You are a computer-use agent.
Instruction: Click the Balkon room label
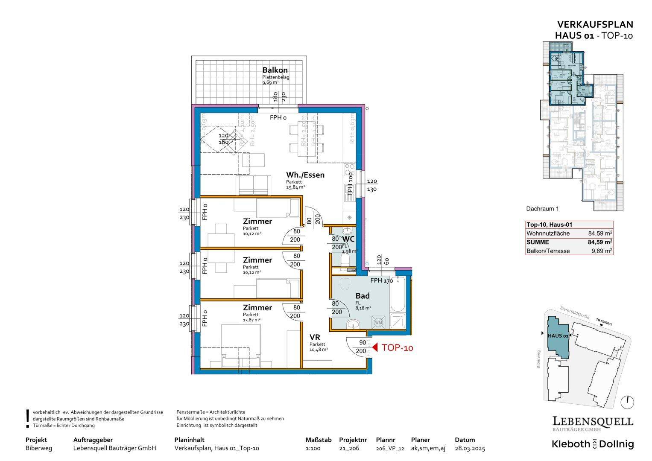click(x=275, y=70)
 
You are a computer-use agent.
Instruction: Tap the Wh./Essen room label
click(x=305, y=175)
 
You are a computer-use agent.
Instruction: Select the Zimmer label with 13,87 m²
click(x=257, y=307)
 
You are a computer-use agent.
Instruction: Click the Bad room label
click(x=363, y=296)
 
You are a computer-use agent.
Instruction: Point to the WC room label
click(x=348, y=239)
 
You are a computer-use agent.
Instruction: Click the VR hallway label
click(x=315, y=337)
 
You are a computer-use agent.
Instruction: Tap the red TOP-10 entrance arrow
click(x=375, y=347)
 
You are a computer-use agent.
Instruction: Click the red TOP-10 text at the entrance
click(x=397, y=348)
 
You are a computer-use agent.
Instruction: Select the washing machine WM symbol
click(x=378, y=323)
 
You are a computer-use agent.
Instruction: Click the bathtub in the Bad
click(x=398, y=295)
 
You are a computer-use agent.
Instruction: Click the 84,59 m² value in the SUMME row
click(x=600, y=242)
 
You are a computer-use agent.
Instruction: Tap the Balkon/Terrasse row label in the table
click(x=548, y=251)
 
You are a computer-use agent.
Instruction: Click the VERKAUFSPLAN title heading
click(x=595, y=25)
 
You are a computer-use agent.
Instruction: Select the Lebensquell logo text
click(x=593, y=421)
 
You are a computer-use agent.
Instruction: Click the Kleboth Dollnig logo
click(x=593, y=444)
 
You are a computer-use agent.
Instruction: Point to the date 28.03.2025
click(x=470, y=448)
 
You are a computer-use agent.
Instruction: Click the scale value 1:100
click(x=313, y=448)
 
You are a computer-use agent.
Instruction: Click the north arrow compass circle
click(x=628, y=402)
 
